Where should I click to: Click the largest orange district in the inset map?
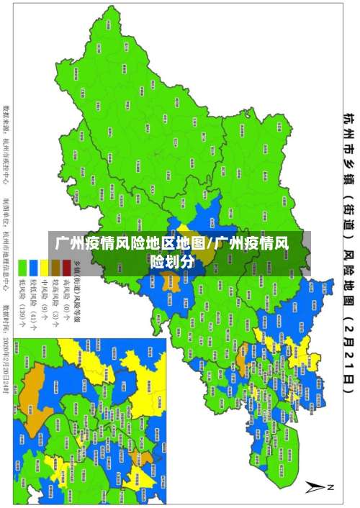coord(36,389)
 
